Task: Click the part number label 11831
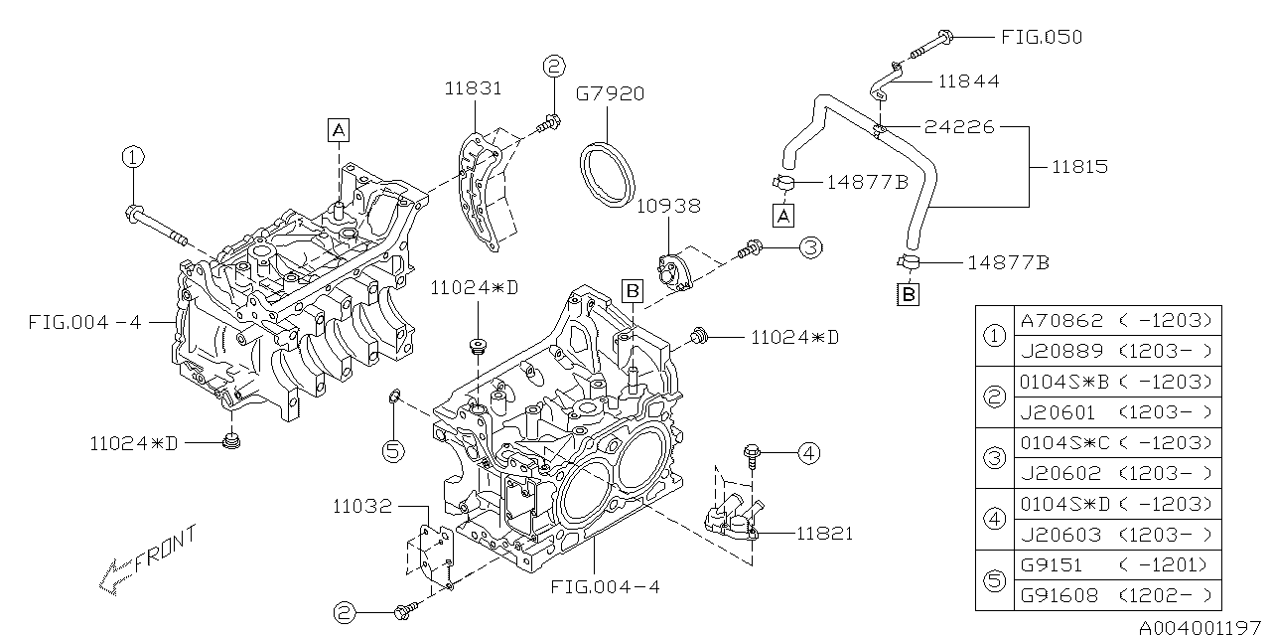pyautogui.click(x=474, y=88)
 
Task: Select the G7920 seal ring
pyautogui.click(x=609, y=176)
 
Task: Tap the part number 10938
pyautogui.click(x=668, y=206)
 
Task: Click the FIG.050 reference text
pyautogui.click(x=1041, y=37)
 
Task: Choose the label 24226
pyautogui.click(x=959, y=127)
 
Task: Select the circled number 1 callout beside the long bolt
pyautogui.click(x=133, y=157)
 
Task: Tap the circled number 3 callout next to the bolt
pyautogui.click(x=810, y=248)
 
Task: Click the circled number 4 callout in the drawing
pyautogui.click(x=809, y=454)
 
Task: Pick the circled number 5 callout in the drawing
pyautogui.click(x=393, y=451)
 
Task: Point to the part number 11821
pyautogui.click(x=824, y=534)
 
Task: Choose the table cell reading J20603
pyautogui.click(x=1060, y=535)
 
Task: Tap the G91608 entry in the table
pyautogui.click(x=1060, y=596)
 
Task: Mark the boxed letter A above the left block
pyautogui.click(x=339, y=128)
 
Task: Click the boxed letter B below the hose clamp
pyautogui.click(x=909, y=294)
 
